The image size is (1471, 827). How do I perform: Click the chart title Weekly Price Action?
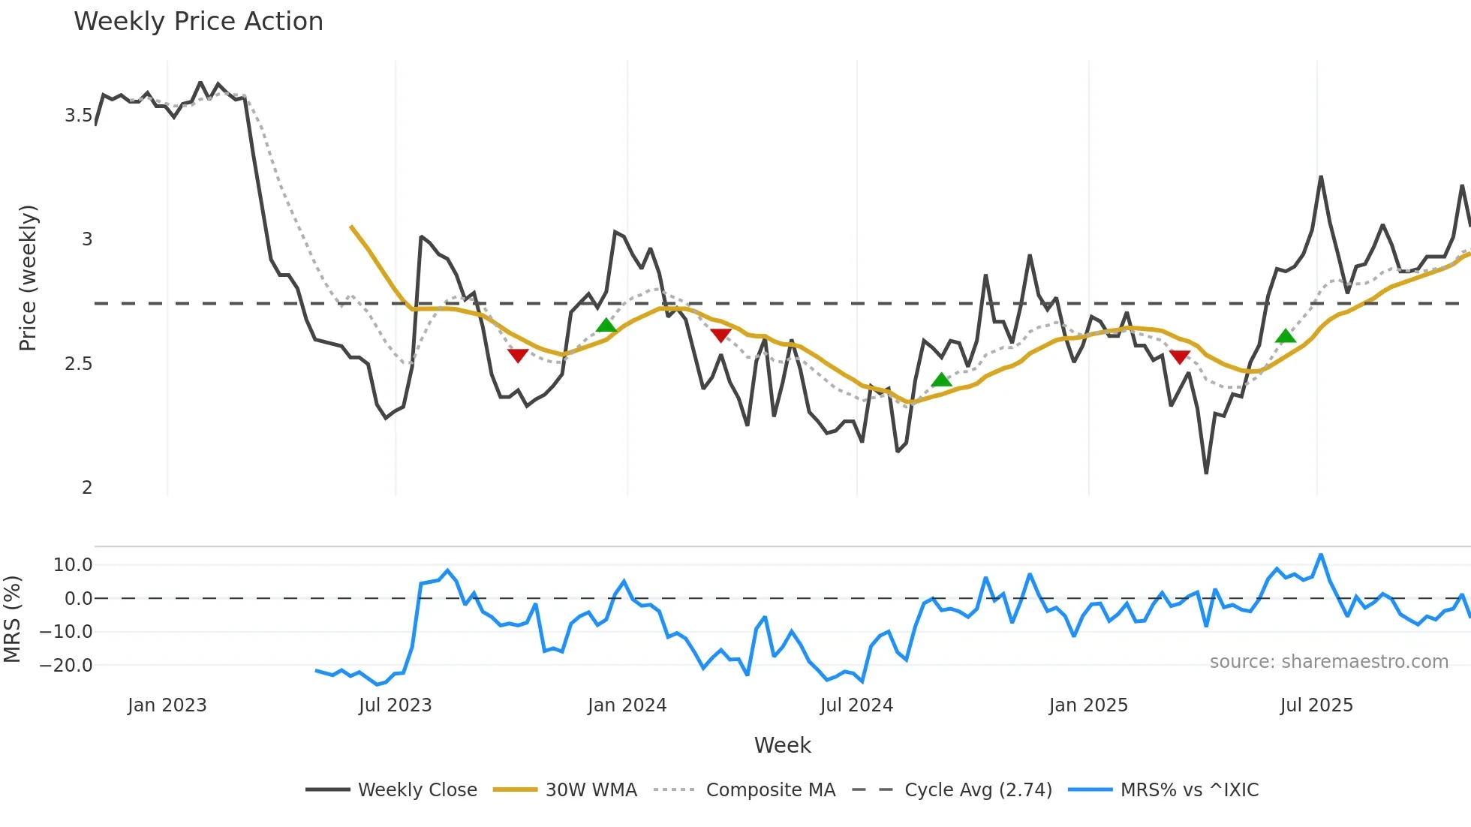198,22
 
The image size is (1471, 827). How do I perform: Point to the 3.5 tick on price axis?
78,116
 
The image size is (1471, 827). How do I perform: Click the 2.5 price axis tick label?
78,364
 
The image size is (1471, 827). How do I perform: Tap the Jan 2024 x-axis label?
627,705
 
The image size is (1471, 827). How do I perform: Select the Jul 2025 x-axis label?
1316,705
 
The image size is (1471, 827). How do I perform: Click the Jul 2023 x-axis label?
395,705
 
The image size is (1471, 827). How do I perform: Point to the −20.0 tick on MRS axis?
66,666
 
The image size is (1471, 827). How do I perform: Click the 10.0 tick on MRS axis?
73,565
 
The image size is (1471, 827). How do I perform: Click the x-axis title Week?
782,745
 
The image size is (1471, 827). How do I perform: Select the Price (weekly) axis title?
28,278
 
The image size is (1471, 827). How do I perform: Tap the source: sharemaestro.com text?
1328,662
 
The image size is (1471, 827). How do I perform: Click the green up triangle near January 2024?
606,326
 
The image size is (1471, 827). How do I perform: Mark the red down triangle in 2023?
518,355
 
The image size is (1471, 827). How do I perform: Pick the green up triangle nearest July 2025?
1286,336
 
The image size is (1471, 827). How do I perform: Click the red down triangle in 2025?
1180,356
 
